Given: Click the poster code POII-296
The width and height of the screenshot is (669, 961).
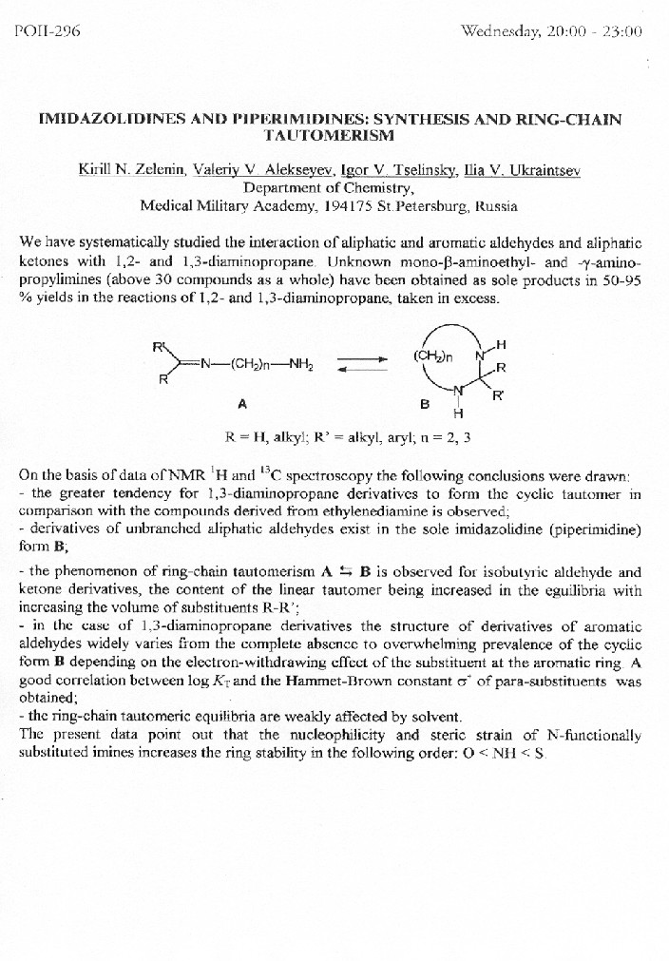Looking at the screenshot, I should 48,30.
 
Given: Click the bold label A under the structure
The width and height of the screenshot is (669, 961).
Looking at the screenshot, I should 243,403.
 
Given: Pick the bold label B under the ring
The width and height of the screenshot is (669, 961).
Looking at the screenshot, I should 425,403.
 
